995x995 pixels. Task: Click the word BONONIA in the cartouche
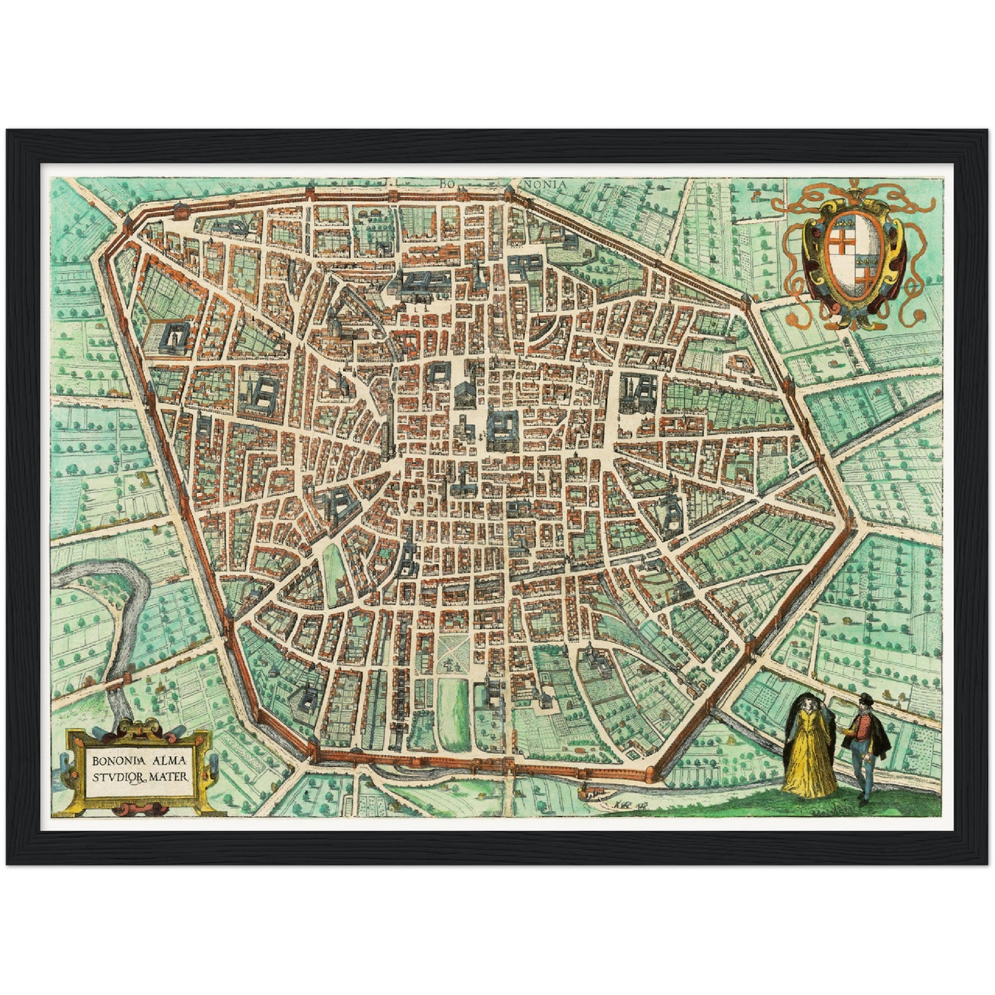click(x=114, y=761)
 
